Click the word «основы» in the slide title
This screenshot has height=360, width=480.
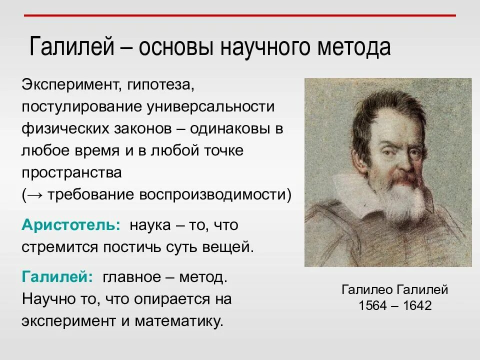175,48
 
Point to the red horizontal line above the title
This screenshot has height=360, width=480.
240,15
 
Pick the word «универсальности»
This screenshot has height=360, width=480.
211,106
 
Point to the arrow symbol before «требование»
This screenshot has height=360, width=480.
35,194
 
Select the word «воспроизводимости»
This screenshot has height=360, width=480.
212,194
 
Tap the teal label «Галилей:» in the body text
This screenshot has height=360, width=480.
57,276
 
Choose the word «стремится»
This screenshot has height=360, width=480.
59,247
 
